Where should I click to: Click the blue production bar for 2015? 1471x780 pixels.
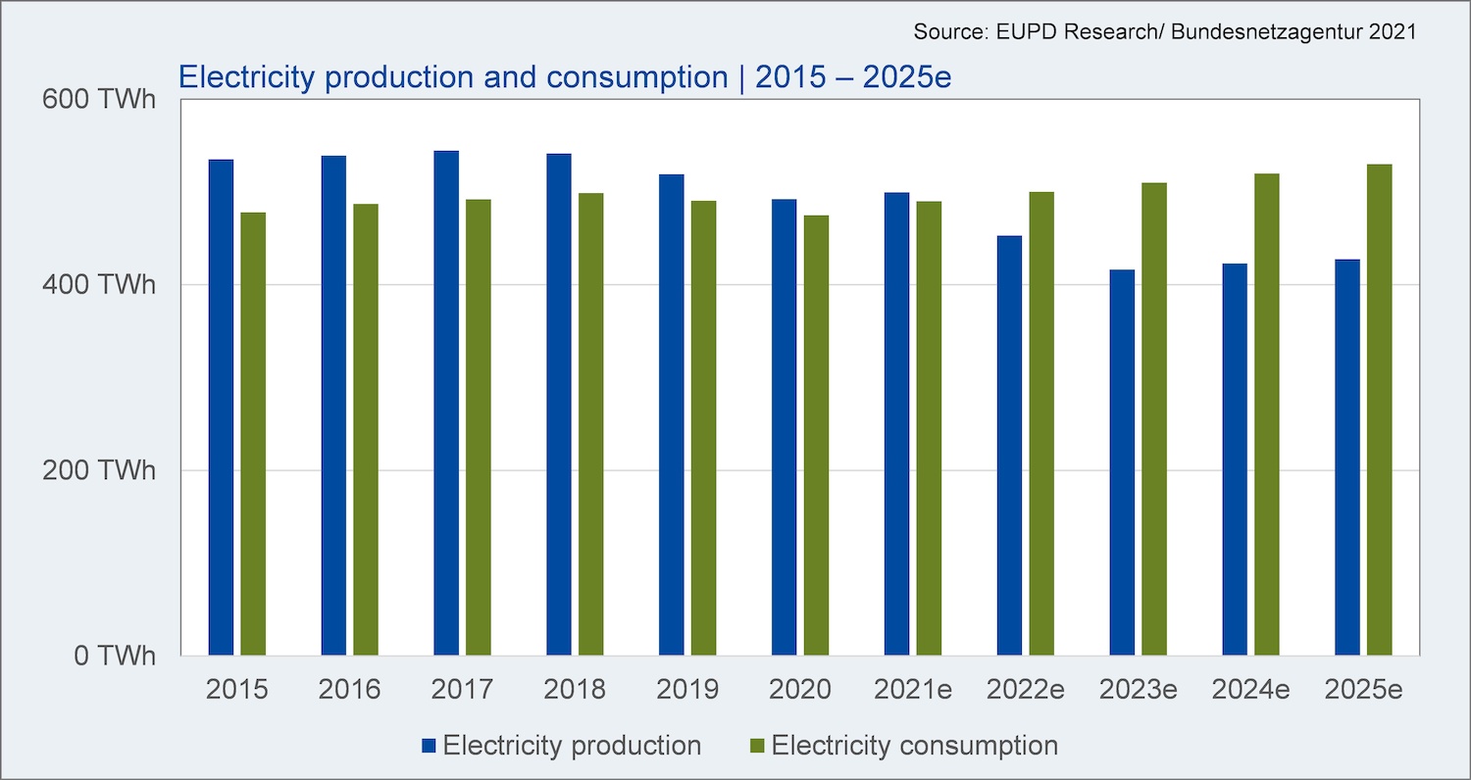coord(221,408)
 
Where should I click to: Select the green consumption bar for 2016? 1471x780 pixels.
coord(366,430)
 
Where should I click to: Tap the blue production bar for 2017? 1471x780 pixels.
coord(446,403)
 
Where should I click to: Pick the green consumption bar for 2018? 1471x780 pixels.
coord(591,423)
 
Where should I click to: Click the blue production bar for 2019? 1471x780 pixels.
coord(672,414)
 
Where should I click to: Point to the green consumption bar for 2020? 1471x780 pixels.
coord(816,435)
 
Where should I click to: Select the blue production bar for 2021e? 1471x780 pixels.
coord(897,423)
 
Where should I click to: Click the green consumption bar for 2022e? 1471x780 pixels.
coord(1041,423)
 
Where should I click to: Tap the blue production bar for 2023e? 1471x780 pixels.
coord(1122,463)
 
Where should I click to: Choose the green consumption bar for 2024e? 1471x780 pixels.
coord(1267,414)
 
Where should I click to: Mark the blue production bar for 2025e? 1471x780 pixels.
coord(1347,458)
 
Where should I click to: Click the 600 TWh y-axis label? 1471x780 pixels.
coord(99,99)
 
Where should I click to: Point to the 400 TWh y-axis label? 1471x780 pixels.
coord(99,285)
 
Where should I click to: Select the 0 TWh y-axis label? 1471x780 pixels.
coord(115,656)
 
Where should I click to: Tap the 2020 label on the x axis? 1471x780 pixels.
coord(800,690)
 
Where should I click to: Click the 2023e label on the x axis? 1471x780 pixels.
coord(1138,690)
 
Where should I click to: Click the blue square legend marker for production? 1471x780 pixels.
coord(429,746)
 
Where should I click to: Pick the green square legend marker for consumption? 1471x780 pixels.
coord(757,746)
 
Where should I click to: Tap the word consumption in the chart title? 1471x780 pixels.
coord(637,77)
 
